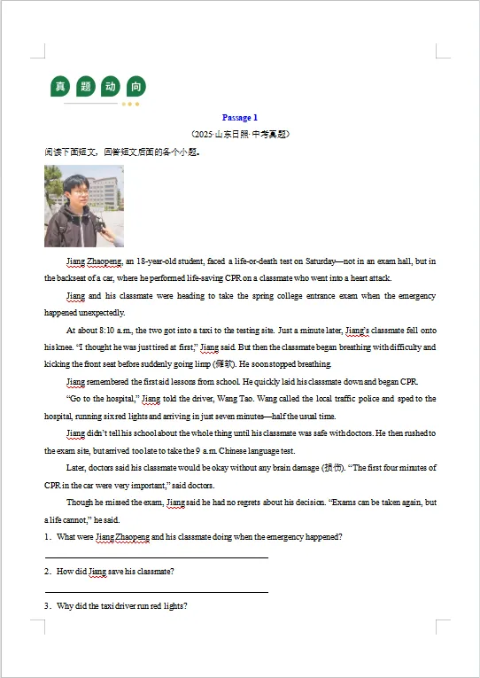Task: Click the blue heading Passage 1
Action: pos(239,117)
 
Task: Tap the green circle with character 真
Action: pos(60,86)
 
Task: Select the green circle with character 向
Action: pos(135,86)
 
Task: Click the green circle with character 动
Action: pos(110,86)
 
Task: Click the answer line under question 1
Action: pos(156,557)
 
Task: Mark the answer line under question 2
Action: pos(156,591)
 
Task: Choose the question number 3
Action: pos(47,606)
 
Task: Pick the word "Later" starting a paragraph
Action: pos(77,468)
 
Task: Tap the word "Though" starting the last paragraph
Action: pos(81,503)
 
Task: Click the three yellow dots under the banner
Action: pos(130,104)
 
